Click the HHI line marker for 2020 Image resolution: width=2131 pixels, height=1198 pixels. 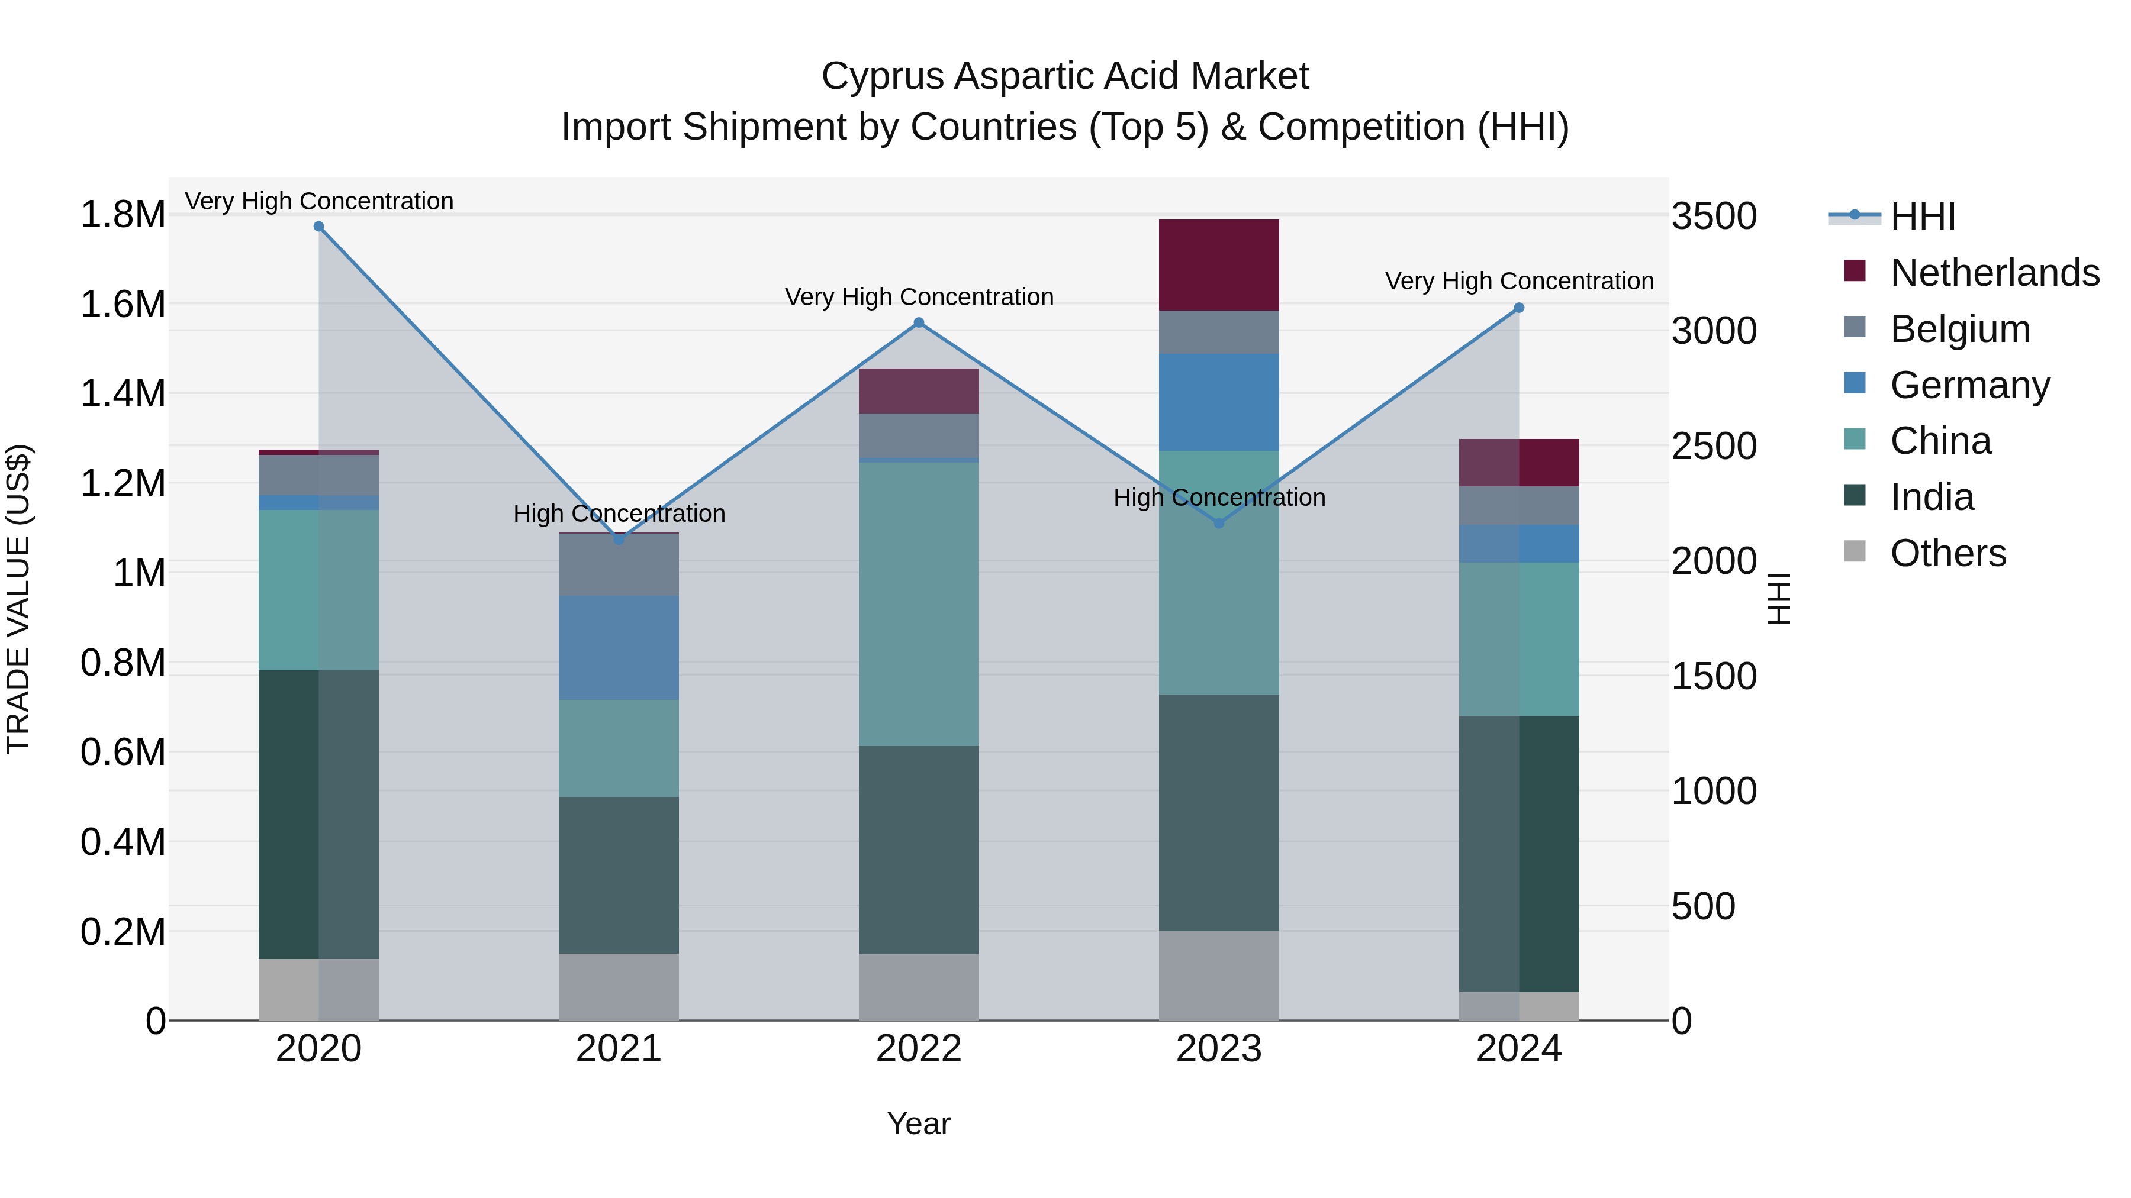point(318,227)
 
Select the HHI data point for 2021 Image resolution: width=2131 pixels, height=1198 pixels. point(619,539)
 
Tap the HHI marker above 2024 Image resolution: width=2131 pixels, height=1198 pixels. point(1519,308)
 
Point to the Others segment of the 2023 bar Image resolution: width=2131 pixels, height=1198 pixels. point(1219,976)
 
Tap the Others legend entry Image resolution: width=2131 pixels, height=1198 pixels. point(1947,553)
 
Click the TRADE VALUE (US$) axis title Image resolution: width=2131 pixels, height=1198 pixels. point(18,599)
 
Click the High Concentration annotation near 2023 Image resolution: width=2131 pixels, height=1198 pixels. point(1219,498)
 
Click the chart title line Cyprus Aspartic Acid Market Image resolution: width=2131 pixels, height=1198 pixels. point(1065,76)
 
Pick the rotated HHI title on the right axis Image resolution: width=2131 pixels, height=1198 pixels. point(1779,599)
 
